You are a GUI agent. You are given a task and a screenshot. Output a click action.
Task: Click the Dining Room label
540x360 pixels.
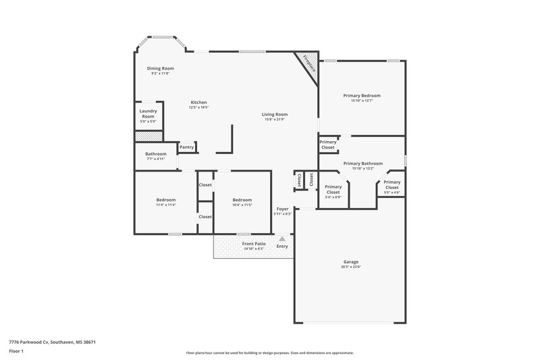coord(161,68)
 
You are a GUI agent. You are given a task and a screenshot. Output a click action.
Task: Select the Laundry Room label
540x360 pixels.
coord(148,113)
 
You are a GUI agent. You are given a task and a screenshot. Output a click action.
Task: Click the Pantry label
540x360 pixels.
coord(187,147)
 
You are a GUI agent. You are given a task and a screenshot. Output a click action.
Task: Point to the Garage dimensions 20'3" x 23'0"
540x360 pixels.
coord(350,267)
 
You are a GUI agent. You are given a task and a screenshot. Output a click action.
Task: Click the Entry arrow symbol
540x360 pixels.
coord(282,238)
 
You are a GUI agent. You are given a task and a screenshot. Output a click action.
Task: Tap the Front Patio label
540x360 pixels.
coord(254,243)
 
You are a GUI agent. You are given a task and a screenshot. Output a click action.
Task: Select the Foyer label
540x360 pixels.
coord(282,209)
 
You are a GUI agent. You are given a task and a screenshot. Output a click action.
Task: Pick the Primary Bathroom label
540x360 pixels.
coord(362,163)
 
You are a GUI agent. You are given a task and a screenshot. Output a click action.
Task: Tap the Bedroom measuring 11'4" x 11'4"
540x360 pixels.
coord(166,200)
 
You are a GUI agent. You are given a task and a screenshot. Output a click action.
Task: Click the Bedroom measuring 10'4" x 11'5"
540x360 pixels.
coord(242,200)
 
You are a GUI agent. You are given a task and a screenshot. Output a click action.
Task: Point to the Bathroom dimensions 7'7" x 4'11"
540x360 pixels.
coord(155,160)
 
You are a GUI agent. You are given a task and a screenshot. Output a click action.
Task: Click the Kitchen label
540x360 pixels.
coord(198,103)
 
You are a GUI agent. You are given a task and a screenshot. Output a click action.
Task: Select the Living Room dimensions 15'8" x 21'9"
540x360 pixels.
coord(275,120)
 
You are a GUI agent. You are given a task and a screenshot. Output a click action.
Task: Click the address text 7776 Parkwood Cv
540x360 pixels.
coord(52,342)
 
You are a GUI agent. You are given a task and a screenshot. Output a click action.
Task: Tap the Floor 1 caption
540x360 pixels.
coord(17,352)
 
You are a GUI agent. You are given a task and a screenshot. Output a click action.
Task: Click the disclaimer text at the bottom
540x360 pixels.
coord(269,353)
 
